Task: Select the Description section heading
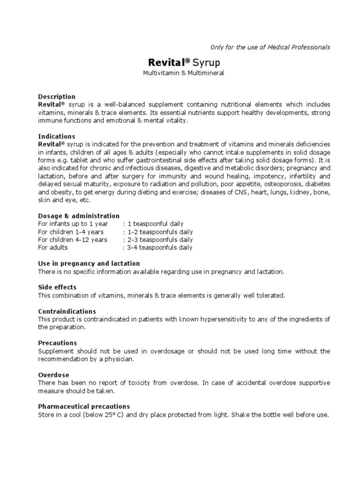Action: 56,97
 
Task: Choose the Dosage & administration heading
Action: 78,216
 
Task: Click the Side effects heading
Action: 57,287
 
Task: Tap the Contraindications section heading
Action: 67,311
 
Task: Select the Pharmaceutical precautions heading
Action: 84,406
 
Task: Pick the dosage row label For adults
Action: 52,247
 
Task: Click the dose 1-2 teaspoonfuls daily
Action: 157,232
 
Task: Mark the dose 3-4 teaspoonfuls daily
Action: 157,247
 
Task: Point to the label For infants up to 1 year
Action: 73,224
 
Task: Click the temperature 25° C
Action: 123,415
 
